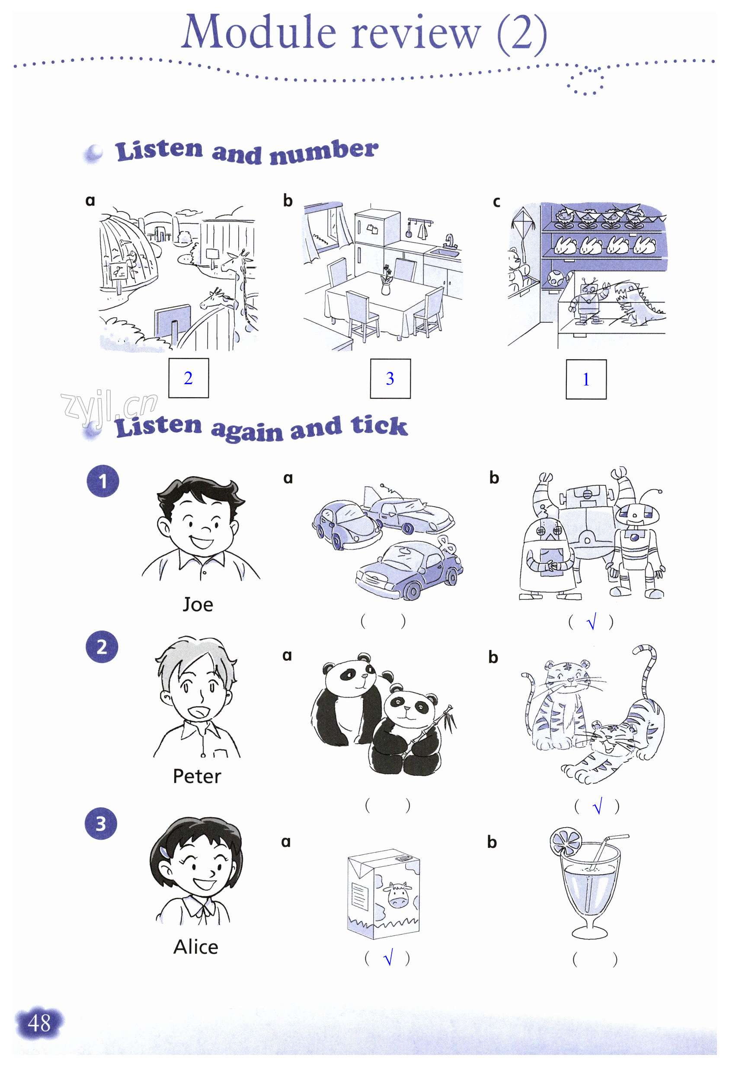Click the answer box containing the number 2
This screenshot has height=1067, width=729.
189,378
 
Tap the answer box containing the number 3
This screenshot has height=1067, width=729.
390,379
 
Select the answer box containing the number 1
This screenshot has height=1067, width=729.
586,379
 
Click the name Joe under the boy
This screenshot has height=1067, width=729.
198,605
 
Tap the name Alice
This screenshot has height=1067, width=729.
196,947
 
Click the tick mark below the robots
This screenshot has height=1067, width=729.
592,622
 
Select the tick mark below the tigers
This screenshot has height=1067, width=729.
598,806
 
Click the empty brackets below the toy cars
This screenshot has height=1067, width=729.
383,621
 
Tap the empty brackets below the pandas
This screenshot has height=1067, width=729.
387,805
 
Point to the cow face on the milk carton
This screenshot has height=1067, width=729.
397,894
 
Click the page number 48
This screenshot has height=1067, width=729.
39,1023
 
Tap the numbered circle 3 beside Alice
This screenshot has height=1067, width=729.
101,823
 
